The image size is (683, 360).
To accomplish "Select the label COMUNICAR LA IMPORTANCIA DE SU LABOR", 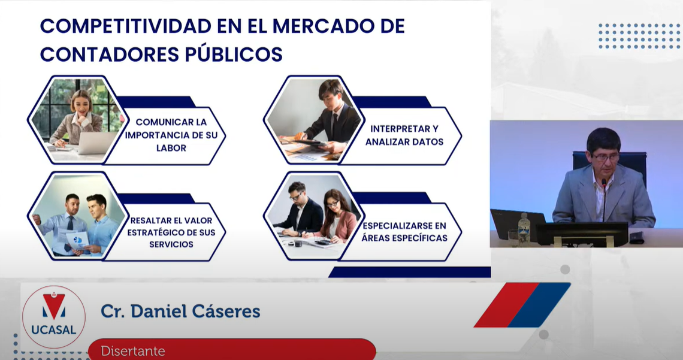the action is pyautogui.click(x=171, y=135).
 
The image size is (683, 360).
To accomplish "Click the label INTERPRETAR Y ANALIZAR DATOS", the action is pyautogui.click(x=404, y=135).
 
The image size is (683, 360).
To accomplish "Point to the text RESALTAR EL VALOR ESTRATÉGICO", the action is pyautogui.click(x=171, y=226).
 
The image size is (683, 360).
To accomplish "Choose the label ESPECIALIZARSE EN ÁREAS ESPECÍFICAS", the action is pyautogui.click(x=404, y=232).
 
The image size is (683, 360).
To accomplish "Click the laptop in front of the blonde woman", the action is pyautogui.click(x=96, y=143).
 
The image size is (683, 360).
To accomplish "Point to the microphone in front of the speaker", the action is pyautogui.click(x=604, y=199).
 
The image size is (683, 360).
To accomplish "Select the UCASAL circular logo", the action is pyautogui.click(x=53, y=317).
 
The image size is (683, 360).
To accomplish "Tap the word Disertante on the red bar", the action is pyautogui.click(x=133, y=351).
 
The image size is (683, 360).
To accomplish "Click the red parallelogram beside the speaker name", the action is pyautogui.click(x=507, y=305).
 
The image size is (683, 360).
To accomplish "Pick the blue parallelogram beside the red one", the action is pyautogui.click(x=539, y=305).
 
